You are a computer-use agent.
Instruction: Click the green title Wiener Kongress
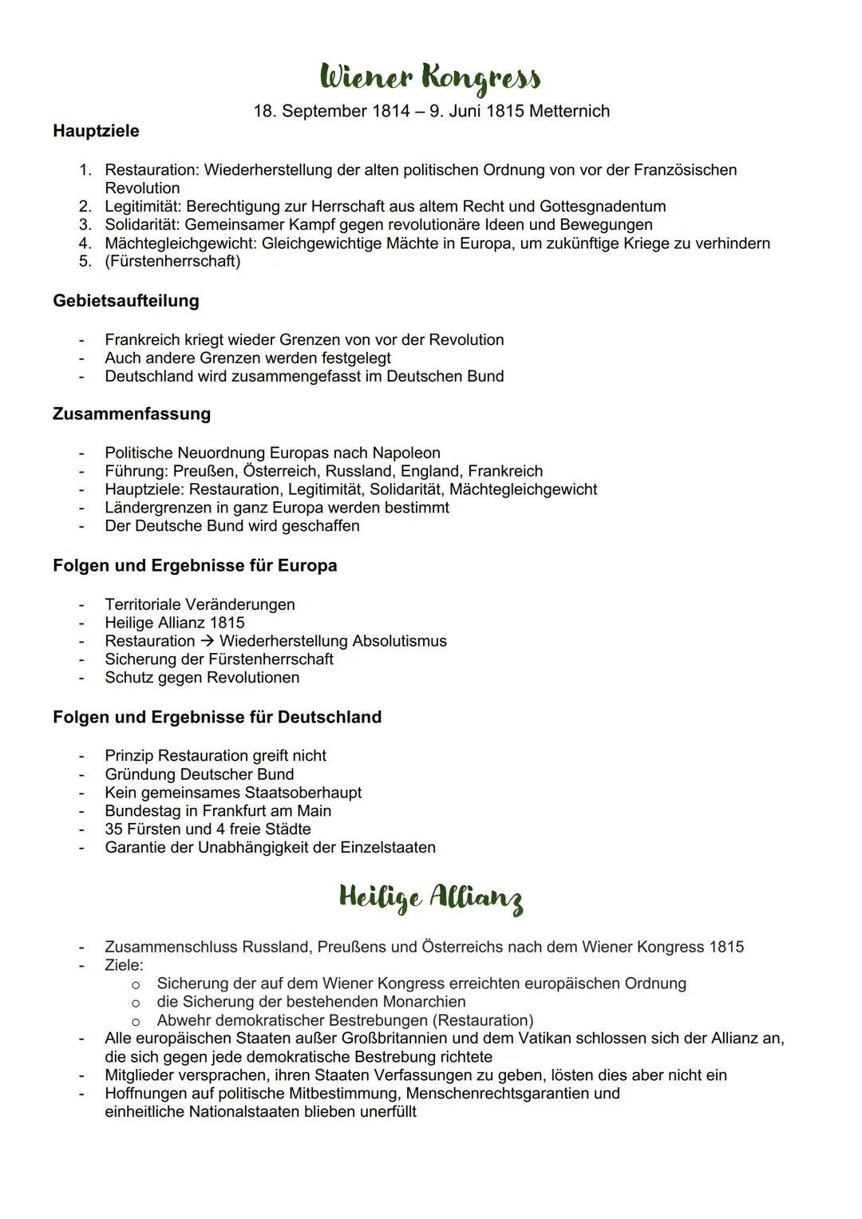point(430,78)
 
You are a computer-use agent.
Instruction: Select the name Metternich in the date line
point(567,111)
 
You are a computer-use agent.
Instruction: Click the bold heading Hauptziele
point(96,131)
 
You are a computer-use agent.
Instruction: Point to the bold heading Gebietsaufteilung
point(126,301)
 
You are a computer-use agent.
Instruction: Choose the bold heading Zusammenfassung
point(132,414)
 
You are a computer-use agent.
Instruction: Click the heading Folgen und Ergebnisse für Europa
point(195,565)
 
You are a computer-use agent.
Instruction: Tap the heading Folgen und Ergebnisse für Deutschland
point(217,717)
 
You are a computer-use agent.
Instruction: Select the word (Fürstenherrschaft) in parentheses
point(172,261)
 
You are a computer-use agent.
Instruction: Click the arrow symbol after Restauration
point(207,641)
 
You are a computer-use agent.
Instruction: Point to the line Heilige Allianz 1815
point(175,623)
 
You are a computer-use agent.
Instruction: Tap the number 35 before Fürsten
point(113,829)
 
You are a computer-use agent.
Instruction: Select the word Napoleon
point(406,453)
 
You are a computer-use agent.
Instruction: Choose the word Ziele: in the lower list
point(124,964)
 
